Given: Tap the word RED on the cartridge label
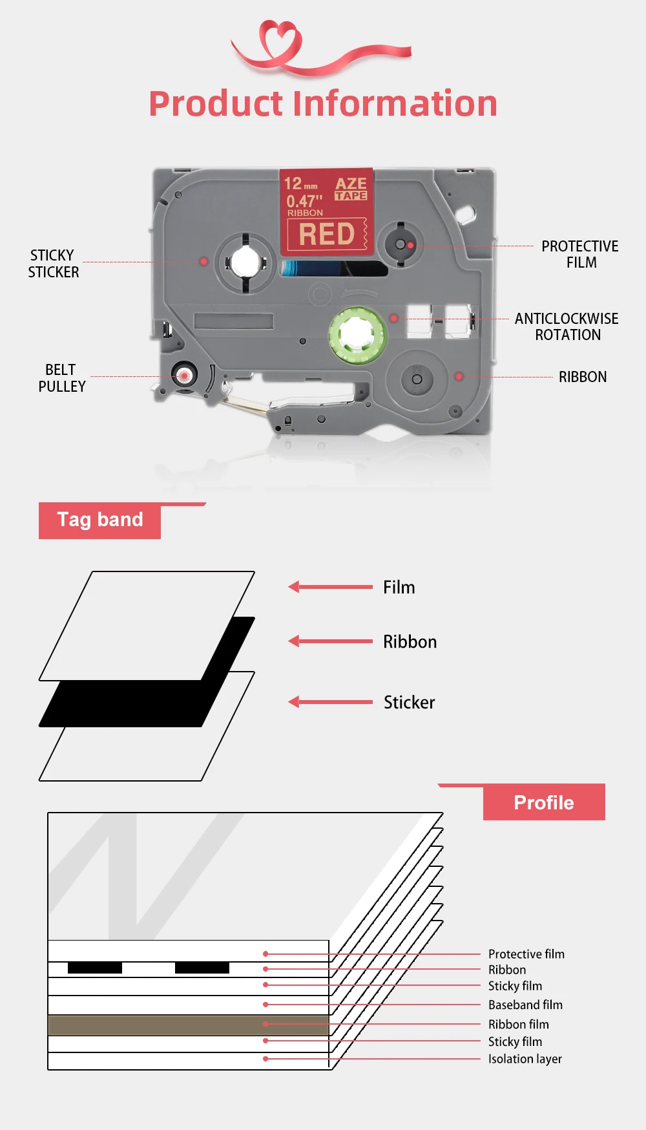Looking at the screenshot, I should pos(327,234).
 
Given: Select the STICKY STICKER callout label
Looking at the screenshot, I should pos(53,264).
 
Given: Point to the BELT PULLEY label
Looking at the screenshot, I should pos(61,378).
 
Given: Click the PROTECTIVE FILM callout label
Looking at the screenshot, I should pos(579,255).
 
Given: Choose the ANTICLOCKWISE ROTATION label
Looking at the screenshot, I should pos(567,326).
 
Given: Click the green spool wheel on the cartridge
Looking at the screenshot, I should pos(357,334).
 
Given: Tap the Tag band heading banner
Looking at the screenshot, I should pos(100,520).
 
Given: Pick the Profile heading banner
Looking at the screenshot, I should pos(543,802).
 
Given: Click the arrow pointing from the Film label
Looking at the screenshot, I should pos(330,587).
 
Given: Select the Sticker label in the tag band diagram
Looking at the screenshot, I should pos(409,703).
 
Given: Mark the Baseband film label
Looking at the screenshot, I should pos(525,1005).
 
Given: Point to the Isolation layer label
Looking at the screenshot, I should pos(525,1059).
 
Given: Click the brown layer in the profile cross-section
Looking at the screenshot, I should pos(187,1025).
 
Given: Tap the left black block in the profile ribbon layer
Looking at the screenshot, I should pos(94,968).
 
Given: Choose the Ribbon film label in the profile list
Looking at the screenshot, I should pos(518,1025).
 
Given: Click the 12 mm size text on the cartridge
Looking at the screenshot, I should pos(300,184).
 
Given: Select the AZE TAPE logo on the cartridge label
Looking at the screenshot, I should pos(351,189).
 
